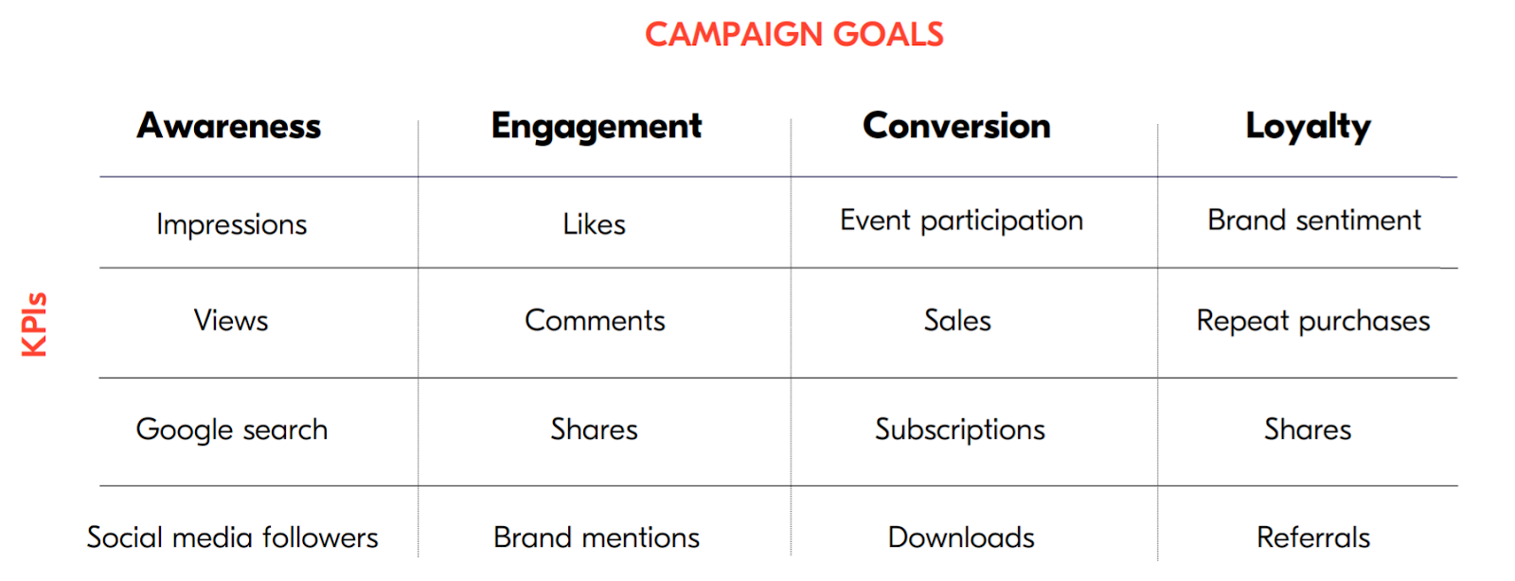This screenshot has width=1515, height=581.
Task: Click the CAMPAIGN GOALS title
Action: point(793,35)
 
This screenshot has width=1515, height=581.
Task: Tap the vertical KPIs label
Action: point(34,325)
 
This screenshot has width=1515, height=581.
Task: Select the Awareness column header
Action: point(229,126)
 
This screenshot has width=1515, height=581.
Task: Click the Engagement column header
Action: point(597,127)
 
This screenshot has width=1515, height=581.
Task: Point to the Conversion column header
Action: point(956,126)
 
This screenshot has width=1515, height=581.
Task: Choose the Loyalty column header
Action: point(1308,127)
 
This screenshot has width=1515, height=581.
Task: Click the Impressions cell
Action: point(232,224)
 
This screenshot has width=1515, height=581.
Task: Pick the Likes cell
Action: point(594,224)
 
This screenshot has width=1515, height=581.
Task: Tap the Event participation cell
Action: point(961,220)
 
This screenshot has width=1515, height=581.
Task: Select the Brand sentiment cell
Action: point(1314,220)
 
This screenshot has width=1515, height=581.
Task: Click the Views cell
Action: point(231,321)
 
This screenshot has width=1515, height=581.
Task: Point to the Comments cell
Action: point(595,321)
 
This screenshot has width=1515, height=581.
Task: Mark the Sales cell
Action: point(957,321)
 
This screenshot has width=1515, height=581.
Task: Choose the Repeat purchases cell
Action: point(1313,322)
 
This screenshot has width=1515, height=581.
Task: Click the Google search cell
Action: point(232,430)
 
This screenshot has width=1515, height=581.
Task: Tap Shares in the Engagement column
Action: point(594,430)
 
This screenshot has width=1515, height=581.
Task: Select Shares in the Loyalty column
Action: point(1308,430)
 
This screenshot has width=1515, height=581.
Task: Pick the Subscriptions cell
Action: point(960,430)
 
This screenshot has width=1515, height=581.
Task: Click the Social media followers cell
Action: point(232,537)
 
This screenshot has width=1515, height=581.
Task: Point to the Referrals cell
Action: point(1313,537)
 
